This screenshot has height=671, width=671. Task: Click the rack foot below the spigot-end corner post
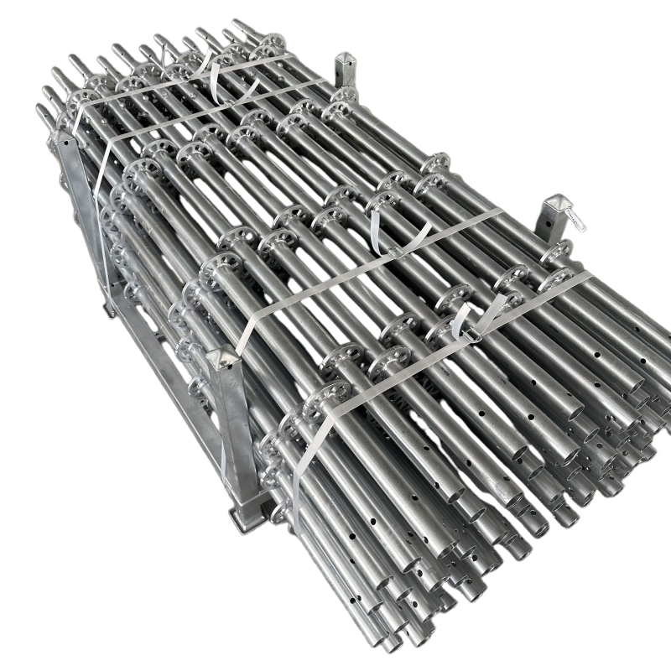pyautogui.click(x=109, y=310)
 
